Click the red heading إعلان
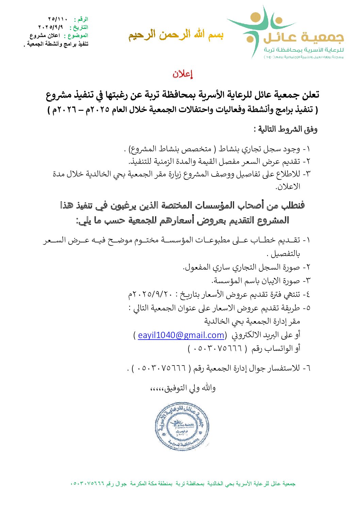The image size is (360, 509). (183, 74)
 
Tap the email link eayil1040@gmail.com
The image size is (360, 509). (181, 335)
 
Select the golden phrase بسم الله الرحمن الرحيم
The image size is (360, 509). (176, 35)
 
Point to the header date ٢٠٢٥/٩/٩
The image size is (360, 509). (51, 27)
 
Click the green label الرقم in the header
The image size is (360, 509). (81, 19)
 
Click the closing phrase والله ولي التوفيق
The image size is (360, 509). (183, 388)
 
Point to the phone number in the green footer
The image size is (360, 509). (87, 483)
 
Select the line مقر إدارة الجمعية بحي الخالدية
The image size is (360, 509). (252, 321)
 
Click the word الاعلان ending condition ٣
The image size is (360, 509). (288, 186)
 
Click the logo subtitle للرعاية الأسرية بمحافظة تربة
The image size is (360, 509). (304, 50)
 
